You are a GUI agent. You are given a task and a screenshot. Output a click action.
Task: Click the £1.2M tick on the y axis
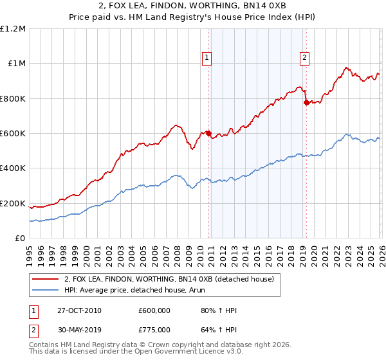pyautogui.click(x=14, y=28)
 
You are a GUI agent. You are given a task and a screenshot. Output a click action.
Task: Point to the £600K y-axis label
pyautogui.click(x=13, y=134)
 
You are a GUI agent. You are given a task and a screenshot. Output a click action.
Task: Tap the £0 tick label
pyautogui.click(x=19, y=239)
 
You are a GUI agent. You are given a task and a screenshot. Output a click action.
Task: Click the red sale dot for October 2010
pyautogui.click(x=208, y=133)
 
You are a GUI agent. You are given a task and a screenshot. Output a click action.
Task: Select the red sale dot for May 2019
pyautogui.click(x=306, y=102)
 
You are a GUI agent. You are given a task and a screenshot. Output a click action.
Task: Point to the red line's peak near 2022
pyautogui.click(x=346, y=67)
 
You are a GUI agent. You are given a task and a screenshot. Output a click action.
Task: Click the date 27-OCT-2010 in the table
pyautogui.click(x=78, y=310)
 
